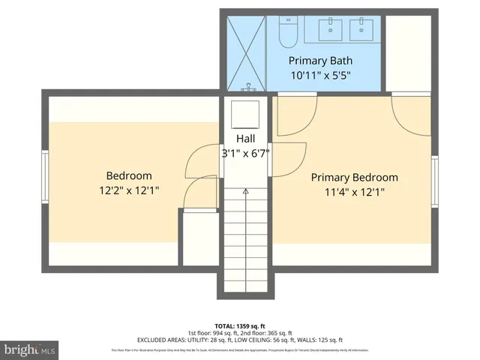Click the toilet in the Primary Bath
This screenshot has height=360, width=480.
pos(289,32)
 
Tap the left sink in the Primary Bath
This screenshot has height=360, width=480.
pos(330,28)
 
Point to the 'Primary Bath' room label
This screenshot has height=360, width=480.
pos(320,61)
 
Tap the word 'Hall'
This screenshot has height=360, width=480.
pos(245,139)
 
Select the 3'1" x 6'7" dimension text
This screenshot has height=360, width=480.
pos(245,153)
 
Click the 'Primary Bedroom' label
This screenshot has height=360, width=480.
pos(354,177)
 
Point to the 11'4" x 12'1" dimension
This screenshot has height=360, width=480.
pos(354,192)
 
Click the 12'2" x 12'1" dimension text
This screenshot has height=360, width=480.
pos(128,190)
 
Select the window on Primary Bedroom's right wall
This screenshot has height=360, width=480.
pos(434,181)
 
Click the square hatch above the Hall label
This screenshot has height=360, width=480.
pos(245,114)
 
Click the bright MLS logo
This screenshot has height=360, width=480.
pos(30,349)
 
